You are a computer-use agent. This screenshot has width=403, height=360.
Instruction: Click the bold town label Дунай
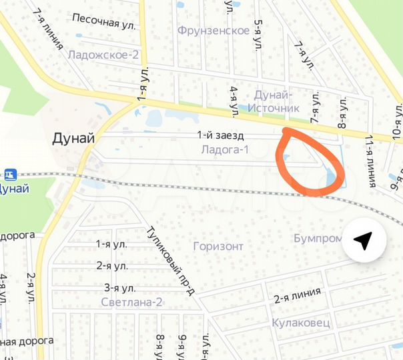[x=73, y=139]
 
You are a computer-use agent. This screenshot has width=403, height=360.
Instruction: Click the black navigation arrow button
[x=363, y=241]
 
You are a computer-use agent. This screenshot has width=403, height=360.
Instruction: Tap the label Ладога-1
[x=224, y=150]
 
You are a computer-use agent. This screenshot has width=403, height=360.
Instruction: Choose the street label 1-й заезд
[x=216, y=135]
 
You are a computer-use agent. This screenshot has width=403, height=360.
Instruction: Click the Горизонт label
[x=218, y=246]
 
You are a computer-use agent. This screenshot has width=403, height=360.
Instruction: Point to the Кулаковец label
[x=301, y=323]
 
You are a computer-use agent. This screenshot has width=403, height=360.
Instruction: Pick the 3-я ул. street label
[x=120, y=288]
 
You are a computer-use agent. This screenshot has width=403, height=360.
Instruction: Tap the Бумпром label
[x=315, y=238]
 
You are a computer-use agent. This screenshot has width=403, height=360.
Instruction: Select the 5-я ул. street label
[x=258, y=36]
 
